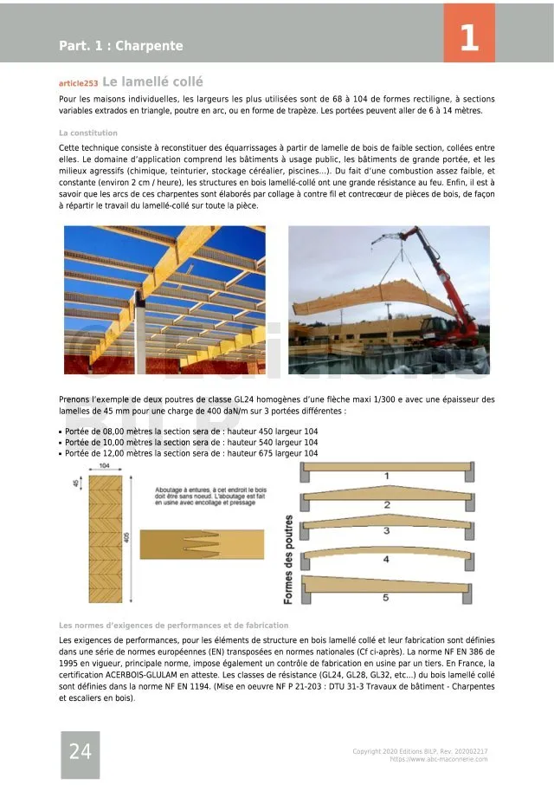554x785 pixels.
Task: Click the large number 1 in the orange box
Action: (x=468, y=37)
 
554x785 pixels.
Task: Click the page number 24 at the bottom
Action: (x=80, y=752)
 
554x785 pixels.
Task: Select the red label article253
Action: (x=78, y=83)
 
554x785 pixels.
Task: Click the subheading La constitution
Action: (x=88, y=133)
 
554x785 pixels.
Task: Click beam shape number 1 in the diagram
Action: (x=386, y=476)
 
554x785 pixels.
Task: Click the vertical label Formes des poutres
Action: (x=288, y=559)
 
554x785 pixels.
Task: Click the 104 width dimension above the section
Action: (x=104, y=466)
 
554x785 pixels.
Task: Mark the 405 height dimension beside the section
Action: (x=126, y=537)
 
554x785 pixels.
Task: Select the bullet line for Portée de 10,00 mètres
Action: (x=190, y=442)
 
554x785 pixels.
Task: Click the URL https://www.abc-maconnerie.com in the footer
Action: (x=438, y=759)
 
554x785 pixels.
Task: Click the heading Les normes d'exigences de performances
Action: (x=173, y=625)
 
